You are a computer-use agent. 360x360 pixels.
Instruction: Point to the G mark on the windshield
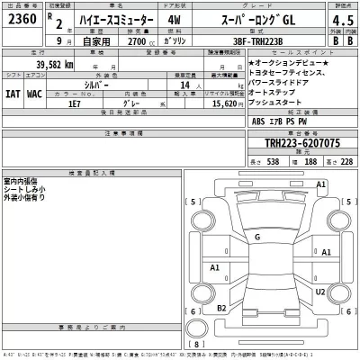(257, 237)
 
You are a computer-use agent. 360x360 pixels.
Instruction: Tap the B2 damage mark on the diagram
(220, 309)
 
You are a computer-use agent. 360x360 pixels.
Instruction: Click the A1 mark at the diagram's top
(319, 184)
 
